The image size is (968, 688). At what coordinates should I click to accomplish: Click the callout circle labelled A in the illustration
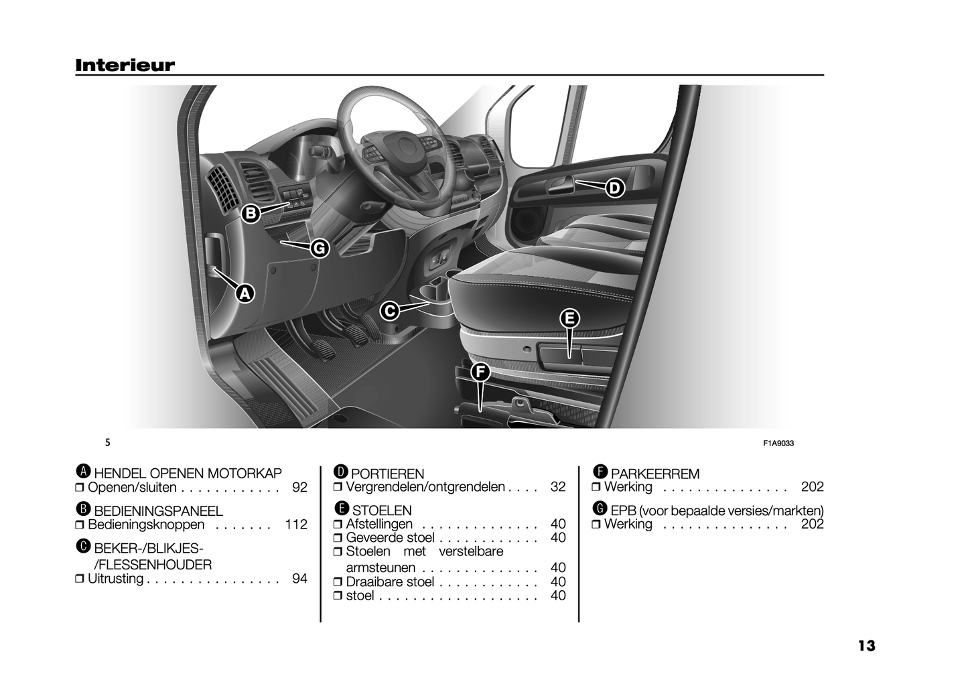pyautogui.click(x=245, y=293)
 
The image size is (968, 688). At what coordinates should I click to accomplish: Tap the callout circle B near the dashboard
pyautogui.click(x=251, y=214)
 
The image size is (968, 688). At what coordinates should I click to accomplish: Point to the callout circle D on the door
pyautogui.click(x=614, y=188)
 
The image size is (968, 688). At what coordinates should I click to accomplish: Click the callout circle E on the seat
pyautogui.click(x=569, y=318)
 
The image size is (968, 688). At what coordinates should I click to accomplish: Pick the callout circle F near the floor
pyautogui.click(x=480, y=372)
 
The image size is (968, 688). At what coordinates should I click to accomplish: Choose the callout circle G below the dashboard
pyautogui.click(x=320, y=249)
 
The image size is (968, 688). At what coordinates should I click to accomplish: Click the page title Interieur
pyautogui.click(x=125, y=65)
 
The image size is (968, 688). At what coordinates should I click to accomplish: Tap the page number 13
pyautogui.click(x=866, y=646)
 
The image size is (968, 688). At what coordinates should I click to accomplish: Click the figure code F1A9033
pyautogui.click(x=778, y=443)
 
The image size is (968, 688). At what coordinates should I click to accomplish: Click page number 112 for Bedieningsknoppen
pyautogui.click(x=296, y=525)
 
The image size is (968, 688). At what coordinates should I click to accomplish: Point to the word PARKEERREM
pyautogui.click(x=655, y=474)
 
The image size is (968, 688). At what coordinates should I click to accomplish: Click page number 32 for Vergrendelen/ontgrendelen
pyautogui.click(x=557, y=487)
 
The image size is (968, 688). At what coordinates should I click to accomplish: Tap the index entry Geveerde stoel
pyautogui.click(x=390, y=538)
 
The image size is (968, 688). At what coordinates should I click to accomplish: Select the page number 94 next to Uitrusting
pyautogui.click(x=299, y=578)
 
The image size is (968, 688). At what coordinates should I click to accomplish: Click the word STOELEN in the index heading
pyautogui.click(x=382, y=510)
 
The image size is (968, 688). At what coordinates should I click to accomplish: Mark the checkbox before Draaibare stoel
pyautogui.click(x=338, y=582)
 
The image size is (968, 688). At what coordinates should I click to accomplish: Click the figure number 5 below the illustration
pyautogui.click(x=108, y=443)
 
